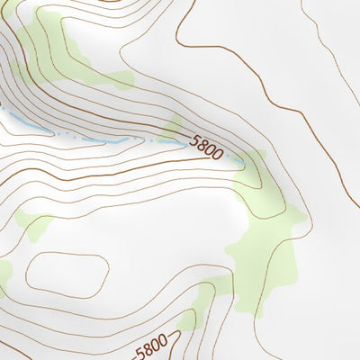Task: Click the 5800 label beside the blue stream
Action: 206,147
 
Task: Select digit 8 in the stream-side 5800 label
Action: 202,144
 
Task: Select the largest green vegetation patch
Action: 265,243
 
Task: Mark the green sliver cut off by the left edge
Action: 3,274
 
